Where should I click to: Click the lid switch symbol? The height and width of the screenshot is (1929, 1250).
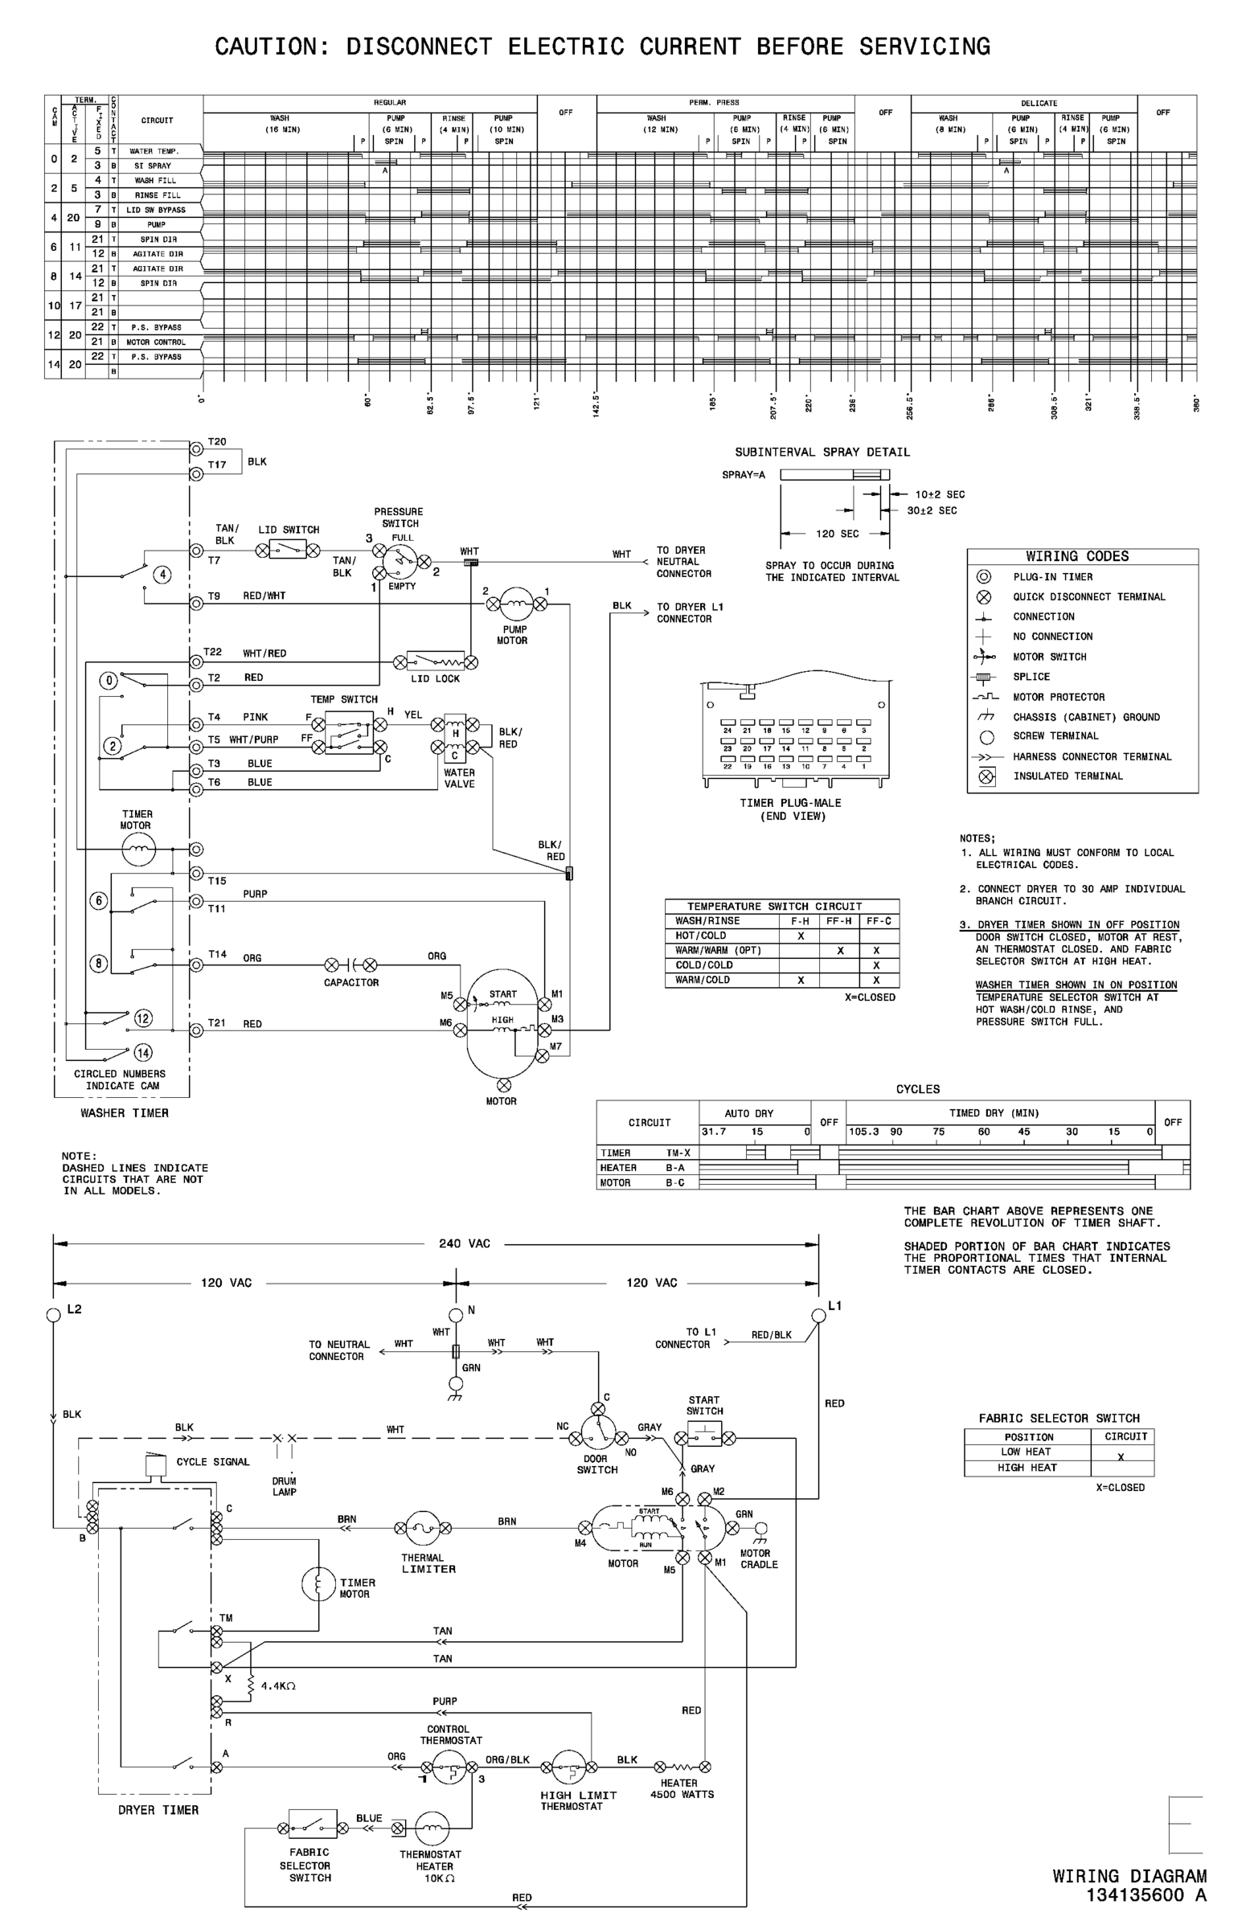(x=287, y=551)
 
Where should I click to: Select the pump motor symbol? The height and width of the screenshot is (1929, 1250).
(x=515, y=603)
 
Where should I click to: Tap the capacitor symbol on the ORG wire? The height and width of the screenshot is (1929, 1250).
(x=351, y=964)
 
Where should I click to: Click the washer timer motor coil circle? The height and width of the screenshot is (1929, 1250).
(x=137, y=850)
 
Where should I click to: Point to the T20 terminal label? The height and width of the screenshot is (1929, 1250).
(x=216, y=442)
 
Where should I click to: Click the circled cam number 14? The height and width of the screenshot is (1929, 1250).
(x=142, y=1053)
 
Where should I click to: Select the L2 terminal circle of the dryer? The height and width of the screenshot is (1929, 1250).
(x=54, y=1315)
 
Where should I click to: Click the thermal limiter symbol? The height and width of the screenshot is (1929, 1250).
(x=422, y=1528)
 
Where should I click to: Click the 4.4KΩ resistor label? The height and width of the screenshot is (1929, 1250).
(x=278, y=1685)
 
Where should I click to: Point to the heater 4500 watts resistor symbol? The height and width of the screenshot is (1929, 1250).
(x=682, y=1767)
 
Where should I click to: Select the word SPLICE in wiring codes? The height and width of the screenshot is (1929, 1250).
(x=1031, y=677)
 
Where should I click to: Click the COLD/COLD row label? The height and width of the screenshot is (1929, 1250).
(x=703, y=964)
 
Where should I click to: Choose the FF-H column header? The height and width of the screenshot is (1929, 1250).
(x=839, y=921)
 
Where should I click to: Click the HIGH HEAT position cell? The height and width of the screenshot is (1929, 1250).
(x=1027, y=1467)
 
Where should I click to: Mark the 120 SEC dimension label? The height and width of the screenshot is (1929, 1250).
(x=838, y=534)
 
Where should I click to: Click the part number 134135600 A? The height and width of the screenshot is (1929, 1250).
(x=1146, y=1894)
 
